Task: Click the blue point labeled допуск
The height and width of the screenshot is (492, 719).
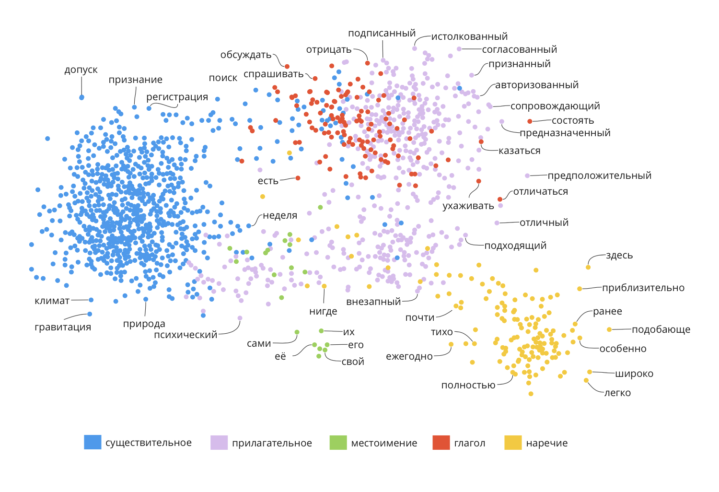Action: (x=81, y=97)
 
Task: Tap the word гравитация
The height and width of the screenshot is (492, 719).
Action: (x=63, y=327)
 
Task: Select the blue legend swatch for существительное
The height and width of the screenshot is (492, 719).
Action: (x=93, y=442)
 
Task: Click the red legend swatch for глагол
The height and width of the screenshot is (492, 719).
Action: (x=441, y=442)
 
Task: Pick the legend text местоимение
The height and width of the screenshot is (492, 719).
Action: (x=384, y=443)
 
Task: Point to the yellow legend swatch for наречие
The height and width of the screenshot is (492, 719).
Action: (x=513, y=442)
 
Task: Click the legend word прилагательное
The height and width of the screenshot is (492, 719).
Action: (x=272, y=443)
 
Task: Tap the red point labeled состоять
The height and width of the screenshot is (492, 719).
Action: (x=530, y=121)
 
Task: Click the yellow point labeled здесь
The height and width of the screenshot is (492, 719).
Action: (x=588, y=267)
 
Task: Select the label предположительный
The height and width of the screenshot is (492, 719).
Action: (x=599, y=176)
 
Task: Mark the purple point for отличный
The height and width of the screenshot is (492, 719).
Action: (x=497, y=223)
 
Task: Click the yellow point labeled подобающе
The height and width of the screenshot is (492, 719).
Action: (x=609, y=329)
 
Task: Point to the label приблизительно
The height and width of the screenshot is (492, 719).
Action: (x=643, y=288)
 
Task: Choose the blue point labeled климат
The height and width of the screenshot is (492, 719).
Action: (x=91, y=300)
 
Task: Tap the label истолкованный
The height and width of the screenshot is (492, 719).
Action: (x=469, y=36)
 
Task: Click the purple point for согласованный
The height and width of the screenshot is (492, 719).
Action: (x=459, y=49)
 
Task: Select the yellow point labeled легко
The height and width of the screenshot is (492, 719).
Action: (x=586, y=381)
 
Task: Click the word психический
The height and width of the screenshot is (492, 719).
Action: (x=186, y=335)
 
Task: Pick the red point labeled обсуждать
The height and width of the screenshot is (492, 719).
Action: (x=287, y=67)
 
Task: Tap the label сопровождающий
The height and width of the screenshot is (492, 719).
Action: (x=555, y=106)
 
